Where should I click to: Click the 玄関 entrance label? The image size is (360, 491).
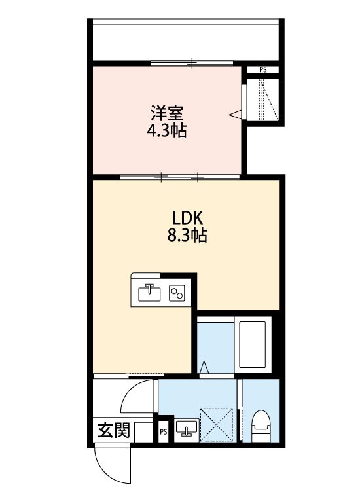click(113, 430)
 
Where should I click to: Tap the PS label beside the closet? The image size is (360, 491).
click(263, 69)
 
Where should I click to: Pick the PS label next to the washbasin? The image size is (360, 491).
click(163, 432)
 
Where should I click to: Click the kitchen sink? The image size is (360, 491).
click(150, 292)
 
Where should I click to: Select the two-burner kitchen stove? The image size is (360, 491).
click(177, 293)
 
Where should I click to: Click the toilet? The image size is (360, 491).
click(261, 425)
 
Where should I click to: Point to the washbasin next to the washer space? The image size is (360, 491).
click(187, 429)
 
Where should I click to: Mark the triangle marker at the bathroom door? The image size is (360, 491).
click(204, 369)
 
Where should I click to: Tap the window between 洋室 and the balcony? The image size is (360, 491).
click(191, 63)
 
